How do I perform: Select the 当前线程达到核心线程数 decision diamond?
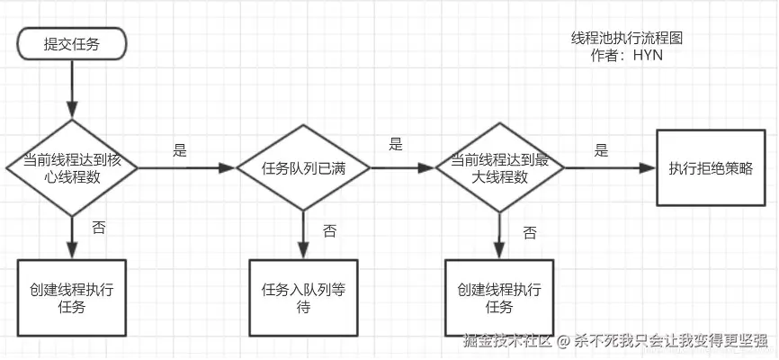point(71,167)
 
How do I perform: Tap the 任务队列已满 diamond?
point(303,168)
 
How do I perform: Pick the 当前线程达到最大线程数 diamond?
point(501,167)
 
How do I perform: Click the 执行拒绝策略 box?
point(711,168)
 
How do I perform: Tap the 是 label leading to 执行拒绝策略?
point(602,150)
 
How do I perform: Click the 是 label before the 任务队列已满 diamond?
point(180,150)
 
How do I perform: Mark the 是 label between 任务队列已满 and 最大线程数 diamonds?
point(396,144)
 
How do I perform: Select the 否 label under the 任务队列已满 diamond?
point(329,231)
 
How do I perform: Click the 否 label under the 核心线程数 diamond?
point(98,229)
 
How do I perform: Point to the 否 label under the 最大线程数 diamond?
point(530,233)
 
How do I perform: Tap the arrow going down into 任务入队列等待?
point(303,236)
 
